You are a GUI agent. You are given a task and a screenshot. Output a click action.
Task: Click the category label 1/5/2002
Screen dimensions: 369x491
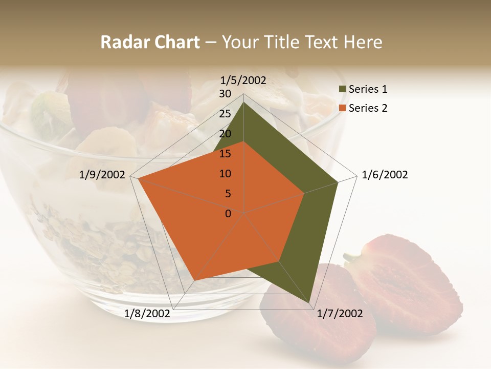243,80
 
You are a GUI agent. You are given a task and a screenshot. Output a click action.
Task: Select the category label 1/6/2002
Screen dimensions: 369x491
385,175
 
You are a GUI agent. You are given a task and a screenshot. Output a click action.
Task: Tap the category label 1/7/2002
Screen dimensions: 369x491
340,314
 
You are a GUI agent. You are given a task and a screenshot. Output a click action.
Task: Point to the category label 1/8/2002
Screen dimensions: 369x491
147,314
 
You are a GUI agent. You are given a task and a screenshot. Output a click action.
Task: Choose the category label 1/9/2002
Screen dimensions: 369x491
102,175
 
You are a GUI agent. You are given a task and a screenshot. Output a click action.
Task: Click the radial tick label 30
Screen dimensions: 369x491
225,94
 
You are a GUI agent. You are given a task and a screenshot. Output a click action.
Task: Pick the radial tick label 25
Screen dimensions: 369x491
225,114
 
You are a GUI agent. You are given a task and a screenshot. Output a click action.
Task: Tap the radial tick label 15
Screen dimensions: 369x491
225,154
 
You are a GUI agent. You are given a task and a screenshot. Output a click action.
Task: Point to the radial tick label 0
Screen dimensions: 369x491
228,214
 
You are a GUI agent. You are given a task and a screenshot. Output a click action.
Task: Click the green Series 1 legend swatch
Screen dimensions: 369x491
342,90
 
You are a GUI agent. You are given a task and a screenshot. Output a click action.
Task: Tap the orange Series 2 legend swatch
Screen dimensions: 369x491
342,108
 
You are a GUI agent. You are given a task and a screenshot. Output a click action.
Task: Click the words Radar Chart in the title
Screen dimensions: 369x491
150,43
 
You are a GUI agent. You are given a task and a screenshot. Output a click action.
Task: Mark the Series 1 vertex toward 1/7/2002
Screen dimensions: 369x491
309,303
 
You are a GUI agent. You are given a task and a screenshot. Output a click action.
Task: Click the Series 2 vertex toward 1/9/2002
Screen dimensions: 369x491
138,178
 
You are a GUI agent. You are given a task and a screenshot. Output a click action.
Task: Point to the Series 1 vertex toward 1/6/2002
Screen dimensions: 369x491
338,182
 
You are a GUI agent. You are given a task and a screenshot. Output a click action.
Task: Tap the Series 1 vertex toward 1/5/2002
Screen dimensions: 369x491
244,102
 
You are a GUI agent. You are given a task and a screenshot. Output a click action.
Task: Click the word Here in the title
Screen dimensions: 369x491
363,43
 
